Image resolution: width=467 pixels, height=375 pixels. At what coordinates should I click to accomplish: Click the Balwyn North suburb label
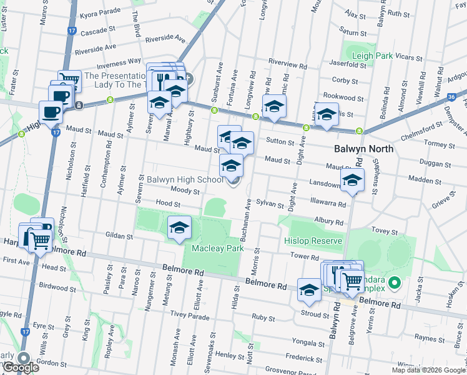pos(363,149)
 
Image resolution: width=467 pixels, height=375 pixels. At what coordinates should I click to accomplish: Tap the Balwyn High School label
pos(184,179)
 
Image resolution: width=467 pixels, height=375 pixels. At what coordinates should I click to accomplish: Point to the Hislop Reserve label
pos(313,241)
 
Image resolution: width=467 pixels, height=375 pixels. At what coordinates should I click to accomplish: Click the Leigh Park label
pos(373,56)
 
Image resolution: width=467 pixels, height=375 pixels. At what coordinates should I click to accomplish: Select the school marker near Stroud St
pos(309,290)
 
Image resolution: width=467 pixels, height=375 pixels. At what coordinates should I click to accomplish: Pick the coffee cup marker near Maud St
pos(51,113)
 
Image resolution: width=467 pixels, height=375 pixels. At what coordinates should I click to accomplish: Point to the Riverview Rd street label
pos(287,64)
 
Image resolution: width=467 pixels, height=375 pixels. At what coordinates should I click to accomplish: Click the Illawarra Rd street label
pos(328,203)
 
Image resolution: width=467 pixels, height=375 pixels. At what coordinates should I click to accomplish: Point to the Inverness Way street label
pos(117,62)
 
